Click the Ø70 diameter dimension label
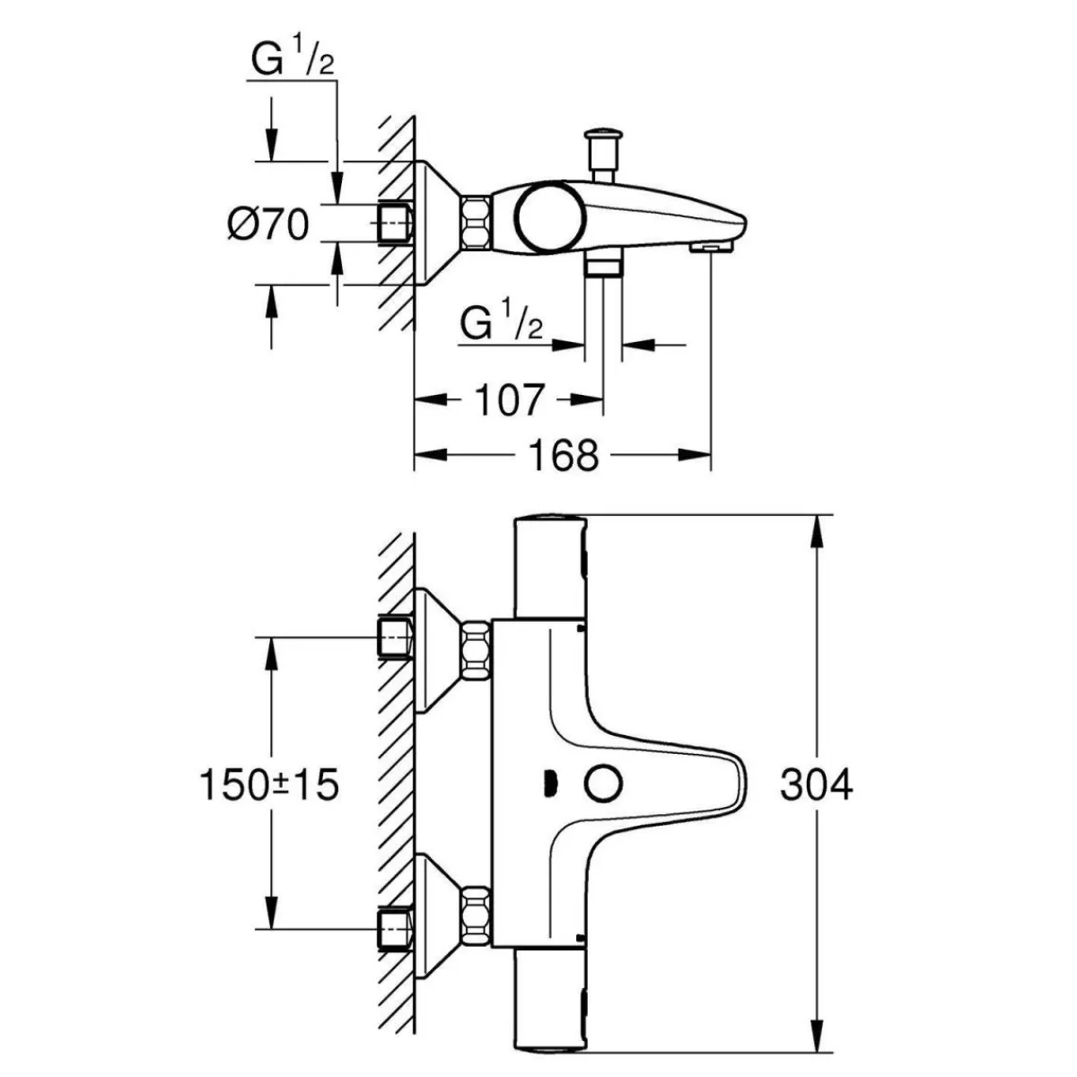point(268,224)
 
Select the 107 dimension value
point(509,400)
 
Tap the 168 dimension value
point(564,455)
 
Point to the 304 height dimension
point(817,784)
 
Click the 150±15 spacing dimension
point(269,784)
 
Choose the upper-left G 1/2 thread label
point(292,60)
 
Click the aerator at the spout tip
point(711,248)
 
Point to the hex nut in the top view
point(476,223)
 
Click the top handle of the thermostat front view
point(551,566)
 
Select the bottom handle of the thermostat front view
point(551,1001)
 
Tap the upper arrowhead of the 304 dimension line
point(817,538)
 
